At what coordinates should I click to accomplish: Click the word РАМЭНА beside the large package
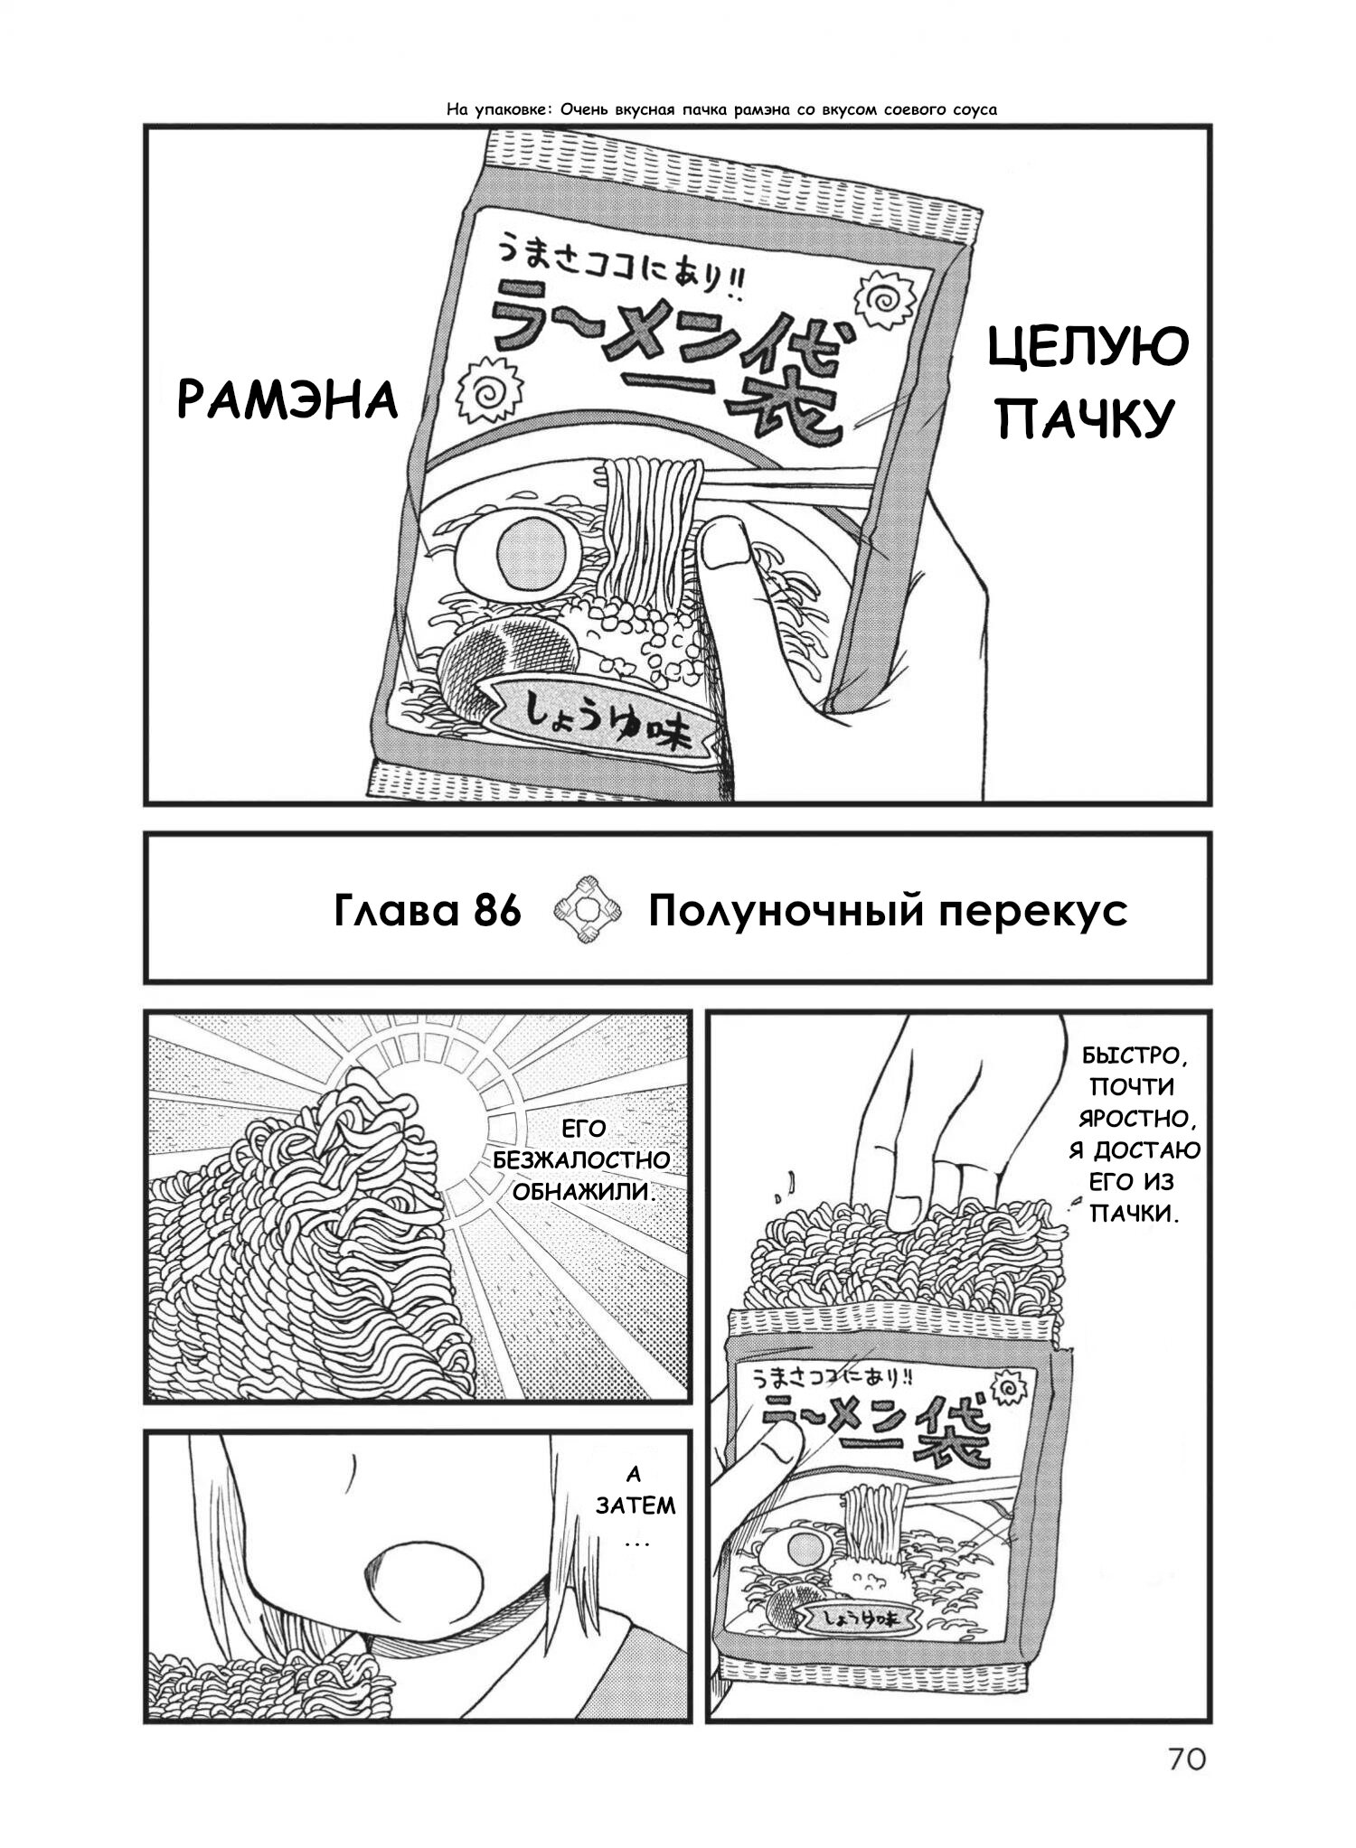(287, 399)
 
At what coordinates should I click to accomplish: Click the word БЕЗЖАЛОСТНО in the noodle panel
(580, 1160)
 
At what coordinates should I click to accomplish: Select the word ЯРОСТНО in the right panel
(1135, 1119)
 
